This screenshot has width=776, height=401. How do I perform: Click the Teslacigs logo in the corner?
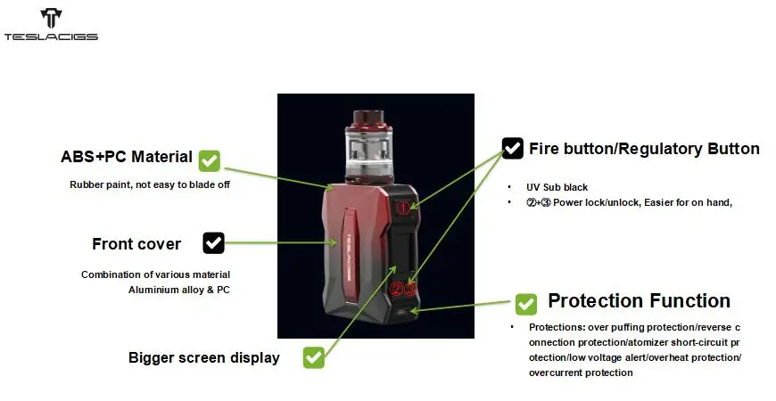point(51,24)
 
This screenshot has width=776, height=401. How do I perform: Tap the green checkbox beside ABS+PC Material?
point(210,160)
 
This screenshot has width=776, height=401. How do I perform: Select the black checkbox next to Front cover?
point(213,242)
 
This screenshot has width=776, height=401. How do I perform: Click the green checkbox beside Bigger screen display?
point(314,357)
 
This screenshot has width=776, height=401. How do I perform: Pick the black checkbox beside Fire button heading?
point(512,148)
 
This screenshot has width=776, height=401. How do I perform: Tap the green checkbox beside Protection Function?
point(525,304)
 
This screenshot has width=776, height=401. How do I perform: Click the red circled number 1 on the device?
point(403,208)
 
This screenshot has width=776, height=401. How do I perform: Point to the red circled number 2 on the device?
point(396,289)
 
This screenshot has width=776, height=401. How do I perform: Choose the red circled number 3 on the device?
point(409,289)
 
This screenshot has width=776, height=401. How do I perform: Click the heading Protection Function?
point(639,300)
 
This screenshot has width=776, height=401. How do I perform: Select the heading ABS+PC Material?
point(126,157)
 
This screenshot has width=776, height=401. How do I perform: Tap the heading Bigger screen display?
point(204,357)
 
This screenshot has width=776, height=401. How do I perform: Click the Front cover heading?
point(136,244)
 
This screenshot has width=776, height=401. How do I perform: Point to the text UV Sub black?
point(557,187)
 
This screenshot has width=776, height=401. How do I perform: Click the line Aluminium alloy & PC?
point(179,290)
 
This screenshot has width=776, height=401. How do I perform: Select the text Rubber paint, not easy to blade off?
point(150,184)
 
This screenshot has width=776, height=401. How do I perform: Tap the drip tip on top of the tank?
point(368,118)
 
